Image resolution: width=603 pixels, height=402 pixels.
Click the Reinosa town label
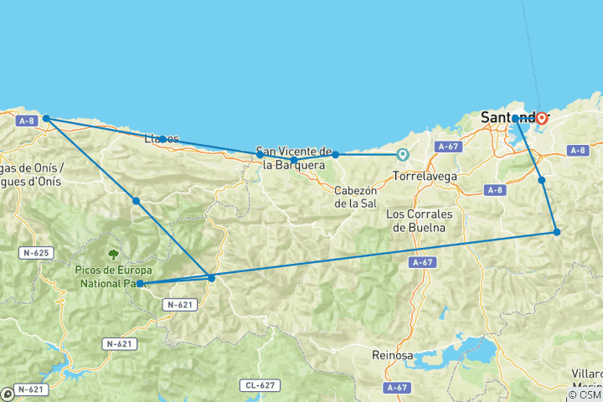(x=393, y=356)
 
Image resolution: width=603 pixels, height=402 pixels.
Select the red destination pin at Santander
(x=542, y=118)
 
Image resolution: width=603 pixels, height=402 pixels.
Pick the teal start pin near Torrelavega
(x=402, y=154)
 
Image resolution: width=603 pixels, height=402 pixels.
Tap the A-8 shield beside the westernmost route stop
(x=26, y=121)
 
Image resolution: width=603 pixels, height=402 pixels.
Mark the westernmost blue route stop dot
(x=47, y=118)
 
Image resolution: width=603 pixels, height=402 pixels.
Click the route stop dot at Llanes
(x=162, y=138)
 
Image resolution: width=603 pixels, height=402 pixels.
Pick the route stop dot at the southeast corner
(x=556, y=231)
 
